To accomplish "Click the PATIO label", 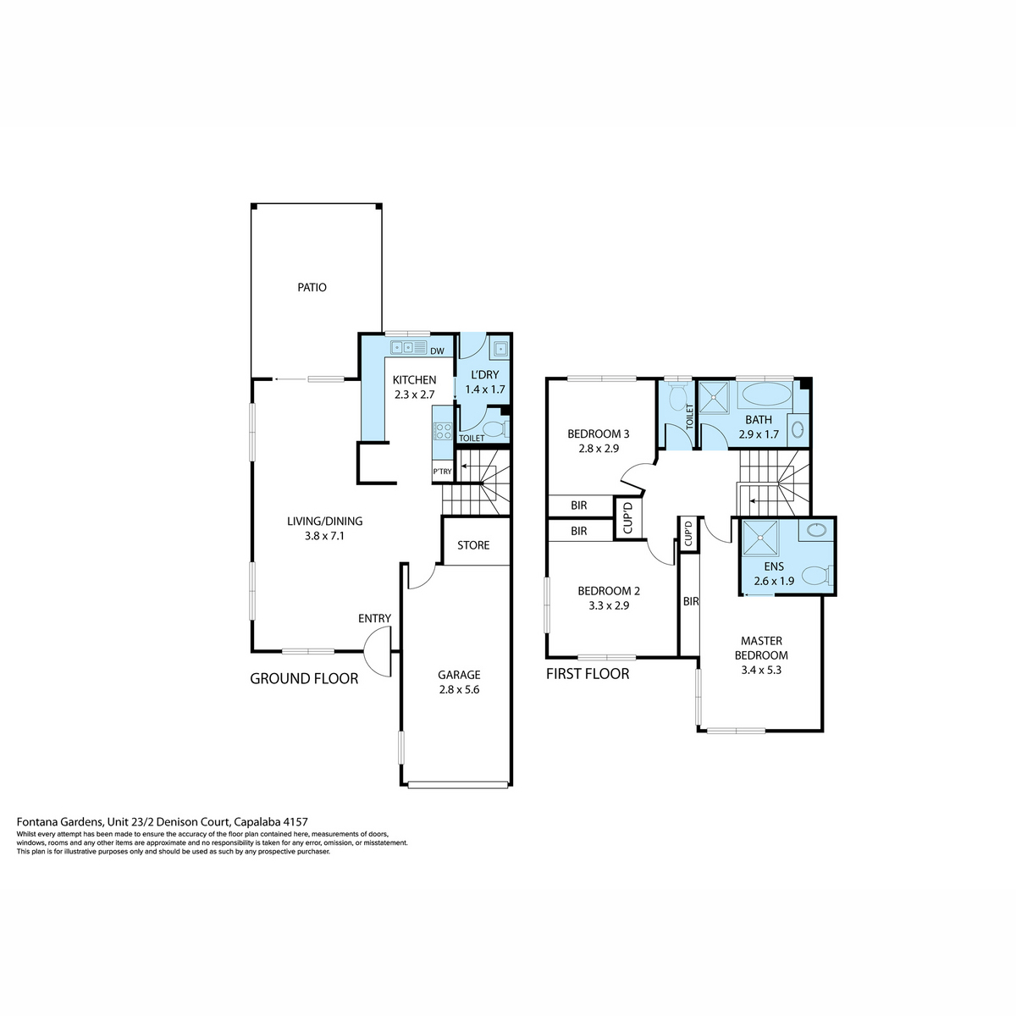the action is (x=312, y=287).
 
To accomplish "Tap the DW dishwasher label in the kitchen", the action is (x=437, y=351).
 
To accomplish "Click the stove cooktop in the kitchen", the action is (x=442, y=431).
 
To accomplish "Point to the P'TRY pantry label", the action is (x=442, y=472).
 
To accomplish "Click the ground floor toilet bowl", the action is (x=496, y=430).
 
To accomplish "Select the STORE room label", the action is (x=473, y=545).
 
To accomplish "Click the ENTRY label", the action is (x=374, y=618).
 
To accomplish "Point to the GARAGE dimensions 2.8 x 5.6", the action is (x=459, y=690).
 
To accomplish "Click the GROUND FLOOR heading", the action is (x=304, y=678).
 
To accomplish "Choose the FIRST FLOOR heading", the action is (x=588, y=674).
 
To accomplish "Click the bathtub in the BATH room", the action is (x=766, y=394).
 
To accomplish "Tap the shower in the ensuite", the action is (x=759, y=538).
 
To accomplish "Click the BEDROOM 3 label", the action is (x=598, y=434).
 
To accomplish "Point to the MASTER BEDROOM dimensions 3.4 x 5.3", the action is (x=761, y=670).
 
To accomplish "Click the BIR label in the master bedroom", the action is (x=691, y=601).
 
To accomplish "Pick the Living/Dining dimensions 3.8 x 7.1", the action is (x=324, y=536).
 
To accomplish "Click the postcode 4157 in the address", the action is (x=295, y=821).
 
